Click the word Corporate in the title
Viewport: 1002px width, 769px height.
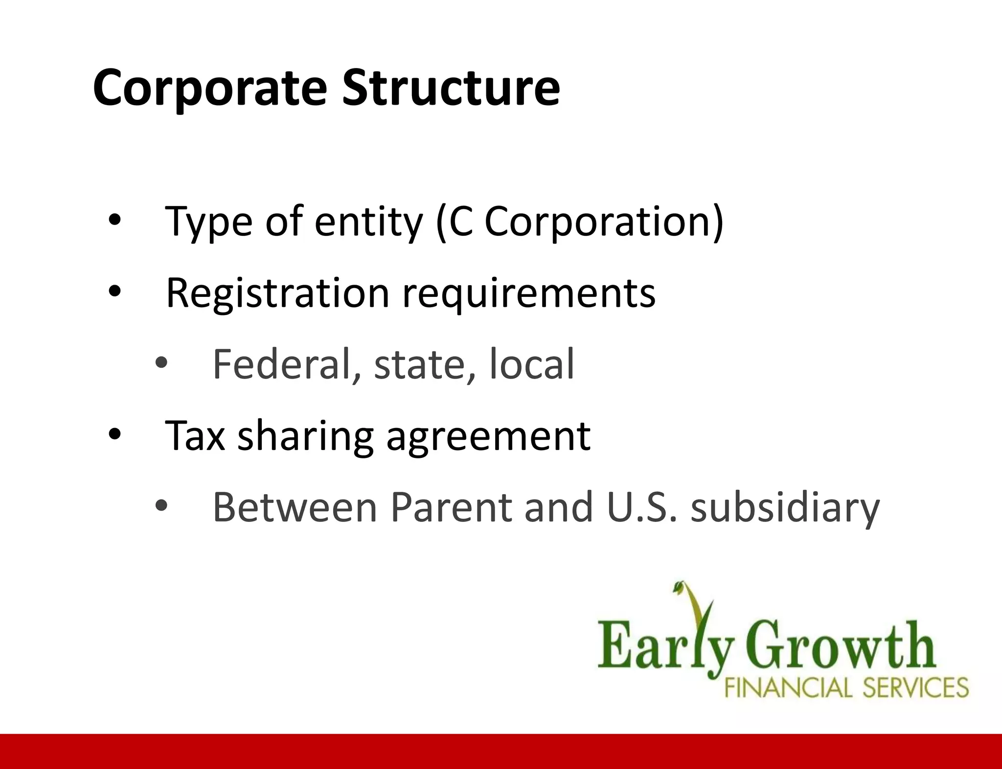click(209, 88)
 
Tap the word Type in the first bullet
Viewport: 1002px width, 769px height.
click(209, 223)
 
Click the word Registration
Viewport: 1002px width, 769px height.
click(277, 293)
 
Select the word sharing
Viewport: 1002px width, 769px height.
click(305, 437)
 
